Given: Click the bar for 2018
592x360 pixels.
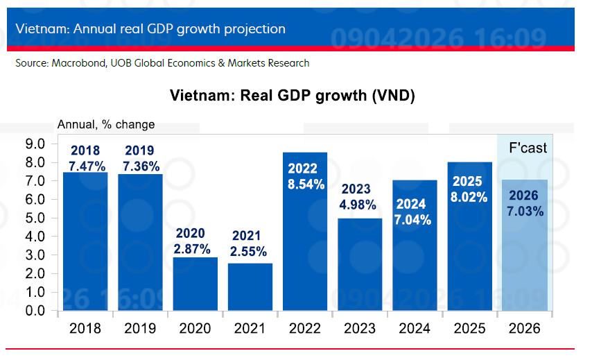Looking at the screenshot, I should pyautogui.click(x=85, y=243).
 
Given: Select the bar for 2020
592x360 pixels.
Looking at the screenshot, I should pyautogui.click(x=195, y=284).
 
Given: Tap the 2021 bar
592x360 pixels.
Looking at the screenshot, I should pyautogui.click(x=250, y=287).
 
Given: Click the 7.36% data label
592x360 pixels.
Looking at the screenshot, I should pyautogui.click(x=141, y=166).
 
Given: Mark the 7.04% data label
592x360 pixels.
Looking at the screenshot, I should pyautogui.click(x=414, y=220).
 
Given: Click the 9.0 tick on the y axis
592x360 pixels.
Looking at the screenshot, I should pyautogui.click(x=35, y=144).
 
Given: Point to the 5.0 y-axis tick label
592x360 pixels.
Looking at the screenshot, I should pyautogui.click(x=35, y=218).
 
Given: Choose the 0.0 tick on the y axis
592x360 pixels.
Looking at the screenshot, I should pyautogui.click(x=35, y=311).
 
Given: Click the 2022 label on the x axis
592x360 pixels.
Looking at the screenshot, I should pyautogui.click(x=305, y=329).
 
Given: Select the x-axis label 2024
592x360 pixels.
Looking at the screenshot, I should pyautogui.click(x=415, y=329).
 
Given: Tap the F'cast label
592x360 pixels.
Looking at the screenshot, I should pyautogui.click(x=528, y=148).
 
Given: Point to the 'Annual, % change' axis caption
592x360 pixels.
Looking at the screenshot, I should pyautogui.click(x=105, y=125).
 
